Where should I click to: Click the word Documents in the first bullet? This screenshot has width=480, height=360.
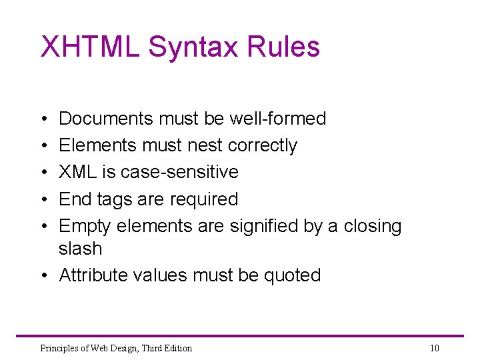point(106,119)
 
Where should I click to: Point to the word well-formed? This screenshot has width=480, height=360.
point(277,119)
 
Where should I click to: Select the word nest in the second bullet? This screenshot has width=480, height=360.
point(205,145)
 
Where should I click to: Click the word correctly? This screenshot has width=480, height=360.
point(263,145)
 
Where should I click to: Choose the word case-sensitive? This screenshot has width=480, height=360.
point(177,172)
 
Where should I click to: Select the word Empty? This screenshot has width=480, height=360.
point(85,226)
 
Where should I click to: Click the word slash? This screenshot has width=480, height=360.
point(80,249)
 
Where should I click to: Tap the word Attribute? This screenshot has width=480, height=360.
point(93,275)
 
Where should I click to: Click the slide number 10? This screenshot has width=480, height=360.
point(435,348)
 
